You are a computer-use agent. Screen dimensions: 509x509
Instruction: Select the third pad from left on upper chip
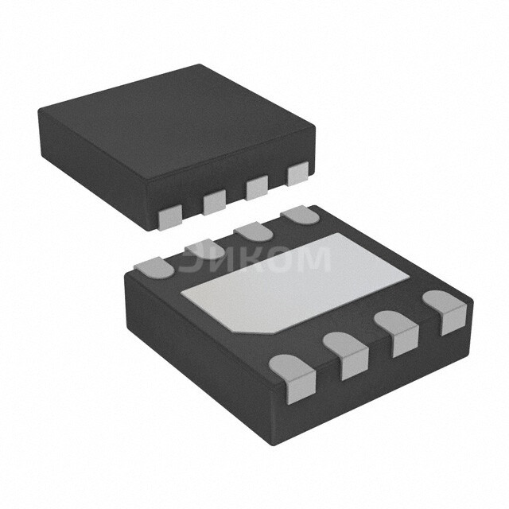point(256,188)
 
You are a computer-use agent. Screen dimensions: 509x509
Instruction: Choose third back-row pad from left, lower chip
point(253,231)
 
